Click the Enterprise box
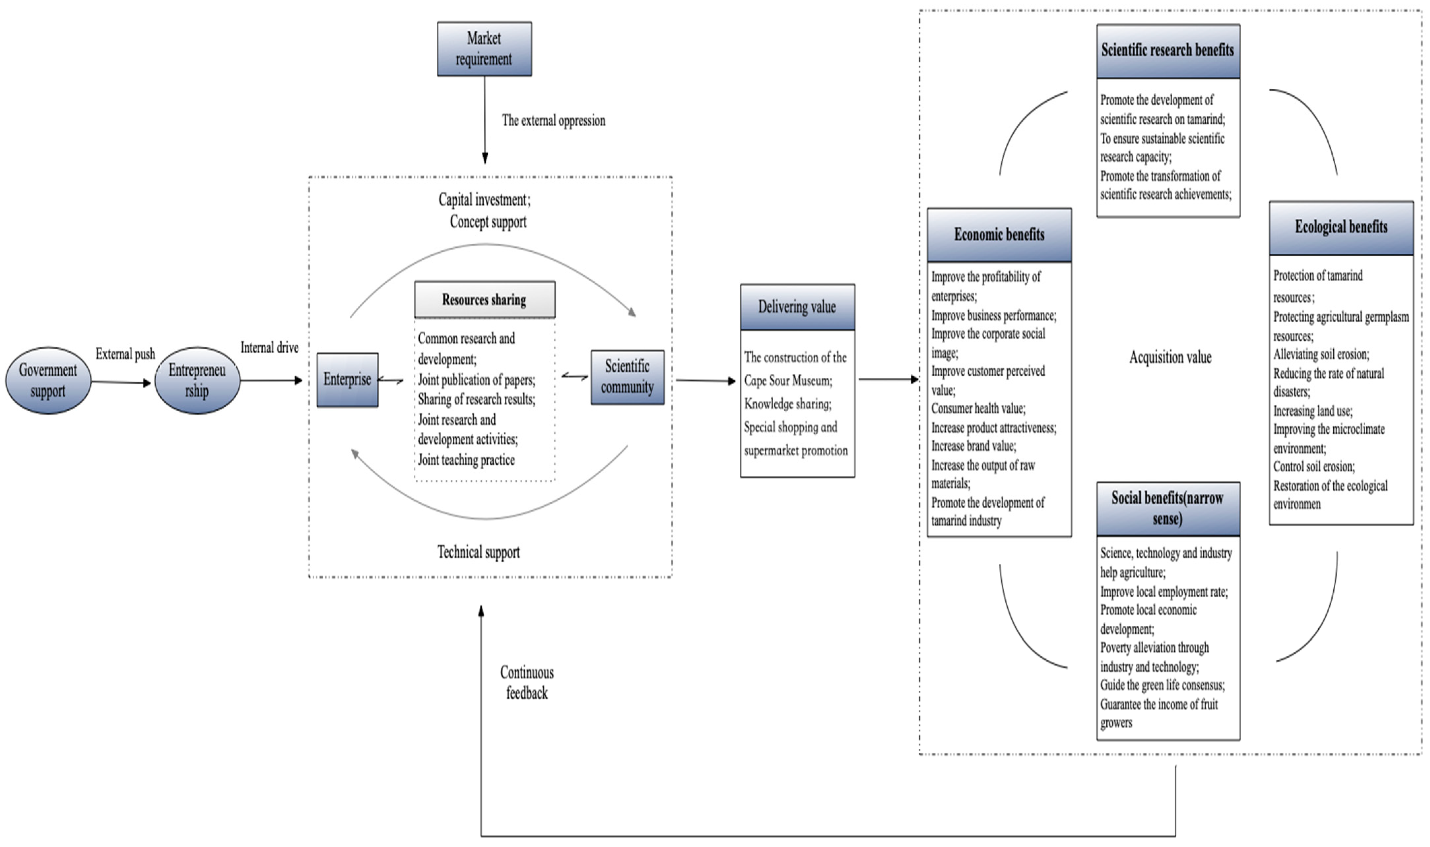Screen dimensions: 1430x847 [x=347, y=380]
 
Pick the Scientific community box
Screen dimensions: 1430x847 [x=627, y=377]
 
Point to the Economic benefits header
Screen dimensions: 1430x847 [x=999, y=235]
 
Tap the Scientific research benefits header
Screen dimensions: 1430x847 [x=1168, y=51]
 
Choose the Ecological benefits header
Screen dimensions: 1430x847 [x=1341, y=228]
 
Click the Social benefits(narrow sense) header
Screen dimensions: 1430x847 [x=1168, y=509]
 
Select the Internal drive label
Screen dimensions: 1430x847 [x=270, y=348]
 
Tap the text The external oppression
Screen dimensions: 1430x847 [x=554, y=120]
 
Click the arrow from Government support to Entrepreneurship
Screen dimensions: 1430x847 [x=121, y=382]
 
